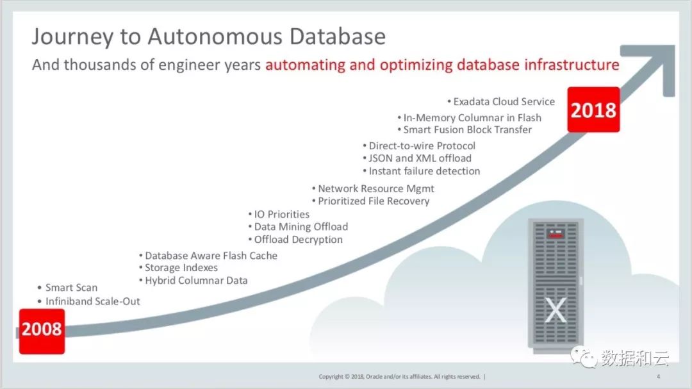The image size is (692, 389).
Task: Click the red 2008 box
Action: [x=42, y=331]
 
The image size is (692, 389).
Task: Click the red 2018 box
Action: [x=593, y=110]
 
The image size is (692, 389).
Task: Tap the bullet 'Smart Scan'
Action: [x=67, y=288]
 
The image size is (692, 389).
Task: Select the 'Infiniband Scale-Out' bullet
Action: [x=88, y=301]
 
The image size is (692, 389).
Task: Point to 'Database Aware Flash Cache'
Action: [x=208, y=256]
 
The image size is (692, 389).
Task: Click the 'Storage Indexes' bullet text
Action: [x=178, y=268]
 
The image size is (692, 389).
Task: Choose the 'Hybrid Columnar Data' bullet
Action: [x=194, y=281]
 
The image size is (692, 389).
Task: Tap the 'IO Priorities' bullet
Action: [x=279, y=214]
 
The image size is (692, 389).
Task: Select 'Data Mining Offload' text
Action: [x=298, y=226]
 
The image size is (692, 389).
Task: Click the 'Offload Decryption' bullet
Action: [x=295, y=239]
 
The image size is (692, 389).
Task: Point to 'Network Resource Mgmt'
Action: [x=373, y=188]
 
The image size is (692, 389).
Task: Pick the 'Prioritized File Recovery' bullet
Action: [x=371, y=201]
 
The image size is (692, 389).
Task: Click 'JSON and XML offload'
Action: [x=417, y=158]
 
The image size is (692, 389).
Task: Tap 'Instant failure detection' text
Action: [x=422, y=171]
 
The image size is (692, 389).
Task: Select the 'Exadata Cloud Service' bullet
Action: [x=501, y=101]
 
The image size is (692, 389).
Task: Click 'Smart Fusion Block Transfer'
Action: [x=465, y=129]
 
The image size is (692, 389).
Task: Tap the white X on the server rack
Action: [x=555, y=310]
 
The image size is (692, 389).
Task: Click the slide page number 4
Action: [x=658, y=377]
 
